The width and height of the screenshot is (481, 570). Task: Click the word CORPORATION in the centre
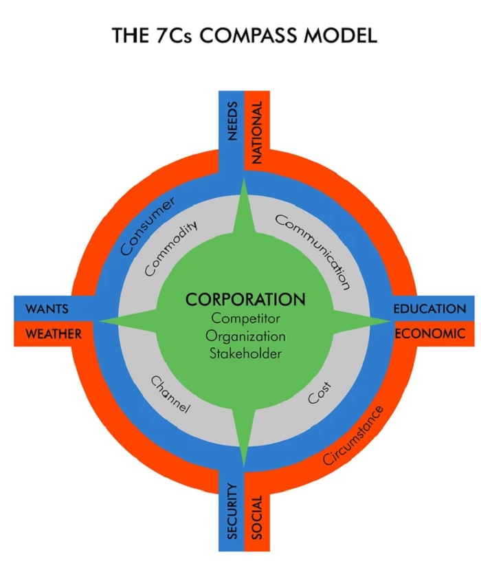point(245,300)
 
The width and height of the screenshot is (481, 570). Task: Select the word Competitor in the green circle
point(245,319)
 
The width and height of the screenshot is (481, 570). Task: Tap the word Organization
point(245,337)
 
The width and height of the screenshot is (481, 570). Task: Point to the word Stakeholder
point(245,355)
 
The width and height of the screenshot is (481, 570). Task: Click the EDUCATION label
point(429,309)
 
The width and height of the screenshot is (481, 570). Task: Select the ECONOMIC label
point(429,334)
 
